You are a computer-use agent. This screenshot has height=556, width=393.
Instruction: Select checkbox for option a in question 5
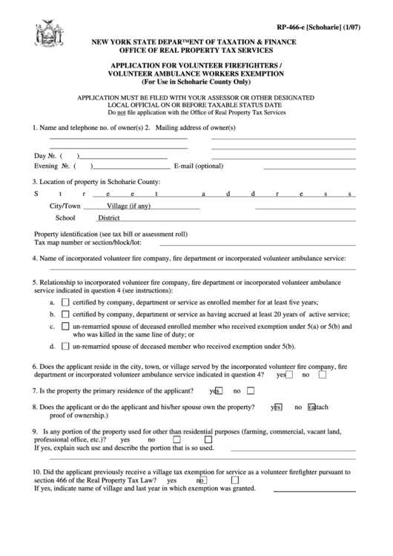point(65,302)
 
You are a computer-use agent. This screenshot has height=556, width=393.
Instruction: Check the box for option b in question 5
point(65,314)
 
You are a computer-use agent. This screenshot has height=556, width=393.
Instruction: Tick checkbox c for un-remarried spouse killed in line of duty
point(65,326)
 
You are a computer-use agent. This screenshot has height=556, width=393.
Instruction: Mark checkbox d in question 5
point(65,346)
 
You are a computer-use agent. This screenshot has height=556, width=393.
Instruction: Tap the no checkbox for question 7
point(251,391)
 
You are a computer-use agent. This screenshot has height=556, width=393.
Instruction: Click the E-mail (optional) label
point(197,166)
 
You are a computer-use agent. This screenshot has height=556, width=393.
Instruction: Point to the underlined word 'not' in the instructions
point(112,113)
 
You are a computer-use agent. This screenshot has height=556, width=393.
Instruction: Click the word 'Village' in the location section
point(117,206)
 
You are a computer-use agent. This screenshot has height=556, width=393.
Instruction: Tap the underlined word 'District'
point(109,218)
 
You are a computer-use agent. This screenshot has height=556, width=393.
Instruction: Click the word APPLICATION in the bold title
point(138,66)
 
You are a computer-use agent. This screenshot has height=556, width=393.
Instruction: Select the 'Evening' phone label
point(47,166)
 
